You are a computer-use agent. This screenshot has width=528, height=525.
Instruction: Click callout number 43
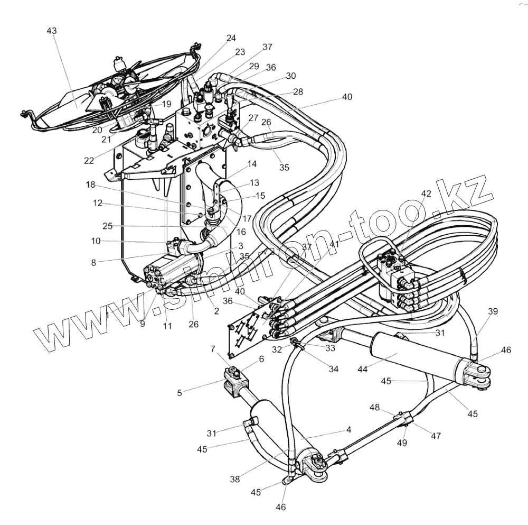coord(51,31)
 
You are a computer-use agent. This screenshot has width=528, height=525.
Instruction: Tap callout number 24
coord(231,38)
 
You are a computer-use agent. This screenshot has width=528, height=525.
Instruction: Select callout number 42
coord(426,194)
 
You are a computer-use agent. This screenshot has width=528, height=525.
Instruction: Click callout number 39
coord(493,311)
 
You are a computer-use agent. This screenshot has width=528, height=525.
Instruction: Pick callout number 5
coord(179,393)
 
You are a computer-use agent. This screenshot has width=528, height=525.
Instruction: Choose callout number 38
coord(234,480)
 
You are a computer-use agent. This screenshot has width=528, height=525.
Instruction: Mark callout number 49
coord(402,443)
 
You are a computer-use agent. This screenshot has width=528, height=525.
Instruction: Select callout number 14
coord(252,164)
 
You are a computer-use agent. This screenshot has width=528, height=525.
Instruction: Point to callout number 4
coord(348,430)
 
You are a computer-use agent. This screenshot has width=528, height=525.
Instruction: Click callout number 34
coord(333,369)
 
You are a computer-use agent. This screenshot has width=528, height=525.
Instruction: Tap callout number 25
coord(108,226)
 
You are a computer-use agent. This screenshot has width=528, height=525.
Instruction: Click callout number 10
coord(96,241)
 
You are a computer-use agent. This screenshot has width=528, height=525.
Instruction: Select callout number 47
coord(436,436)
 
